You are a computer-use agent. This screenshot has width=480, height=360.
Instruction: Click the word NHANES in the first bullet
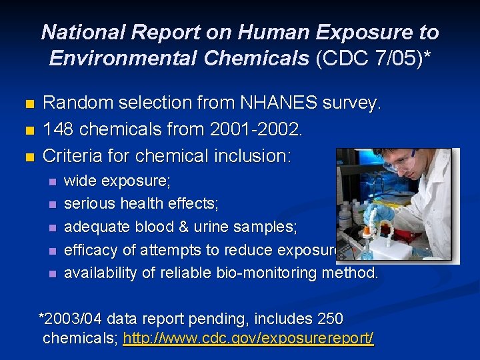pyautogui.click(x=275, y=103)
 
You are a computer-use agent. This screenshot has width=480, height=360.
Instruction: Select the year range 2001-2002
pyautogui.click(x=255, y=129)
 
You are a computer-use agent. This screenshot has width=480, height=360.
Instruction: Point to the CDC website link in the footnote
pyautogui.click(x=249, y=338)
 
